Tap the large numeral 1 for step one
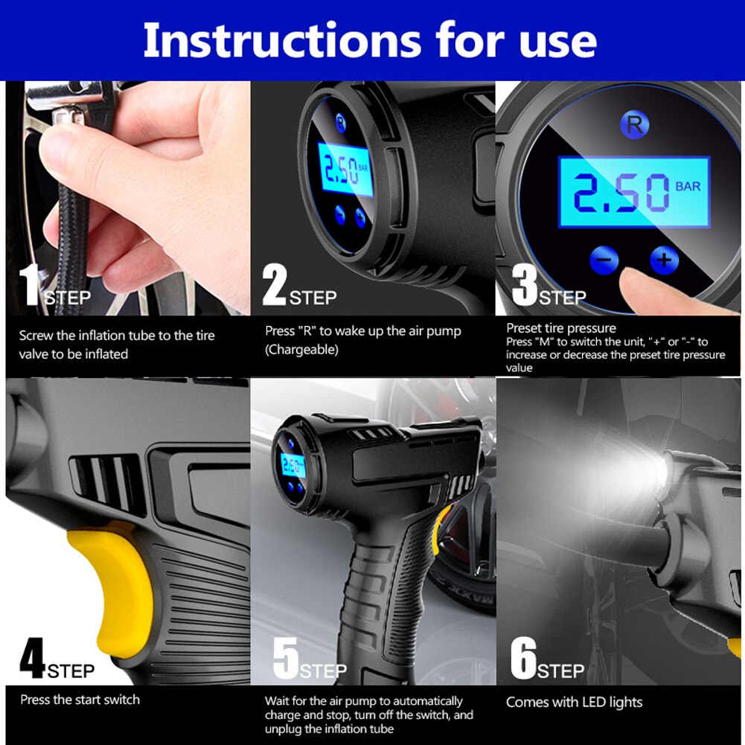click(30, 286)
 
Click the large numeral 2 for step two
click(274, 286)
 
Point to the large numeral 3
click(524, 286)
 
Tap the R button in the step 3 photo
click(633, 124)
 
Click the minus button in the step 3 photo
click(604, 260)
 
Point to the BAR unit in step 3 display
click(688, 186)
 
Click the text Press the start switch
click(80, 700)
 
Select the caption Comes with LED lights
click(574, 702)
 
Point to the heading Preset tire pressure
click(561, 328)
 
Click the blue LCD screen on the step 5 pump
click(292, 467)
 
